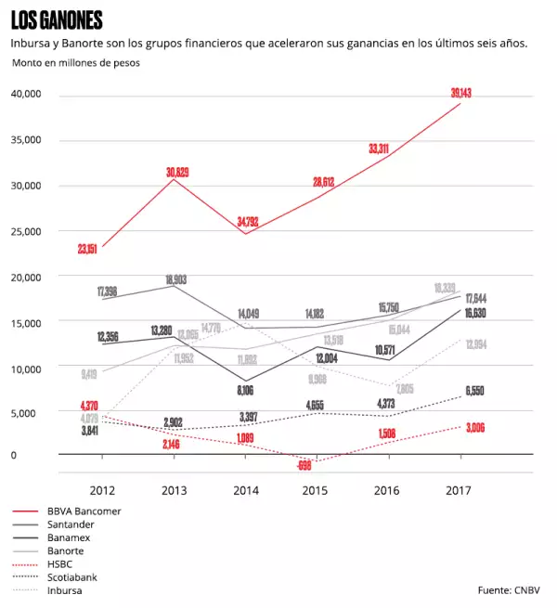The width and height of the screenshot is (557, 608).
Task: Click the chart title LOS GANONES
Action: pos(57,20)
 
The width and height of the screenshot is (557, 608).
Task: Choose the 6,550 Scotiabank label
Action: pos(474,391)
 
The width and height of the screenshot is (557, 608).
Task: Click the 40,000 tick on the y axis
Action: pos(25,94)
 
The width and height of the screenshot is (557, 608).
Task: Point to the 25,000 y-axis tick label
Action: pos(25,230)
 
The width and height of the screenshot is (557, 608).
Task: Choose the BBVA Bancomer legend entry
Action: pos(84,511)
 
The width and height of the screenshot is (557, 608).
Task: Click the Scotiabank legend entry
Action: pos(73,576)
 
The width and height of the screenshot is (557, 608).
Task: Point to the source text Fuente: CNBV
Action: pos(509,589)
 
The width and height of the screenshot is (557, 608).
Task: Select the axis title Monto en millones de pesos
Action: pos(76,62)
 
